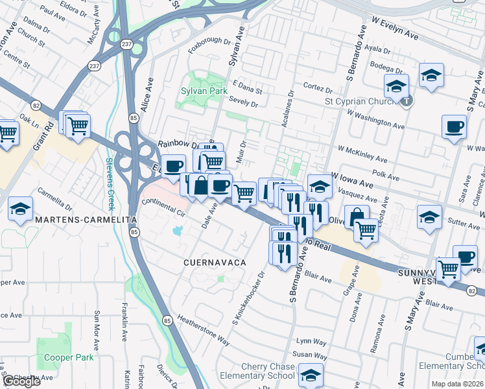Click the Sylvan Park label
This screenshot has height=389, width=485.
point(204,91)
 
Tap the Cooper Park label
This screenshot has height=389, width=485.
point(69,357)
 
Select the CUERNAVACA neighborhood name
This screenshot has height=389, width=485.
point(215,262)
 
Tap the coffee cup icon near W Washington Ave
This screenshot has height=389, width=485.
point(454,126)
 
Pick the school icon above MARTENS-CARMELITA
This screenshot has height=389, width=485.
point(20,209)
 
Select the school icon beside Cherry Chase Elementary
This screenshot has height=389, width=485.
point(311,376)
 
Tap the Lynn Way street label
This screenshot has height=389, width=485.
point(311,341)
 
